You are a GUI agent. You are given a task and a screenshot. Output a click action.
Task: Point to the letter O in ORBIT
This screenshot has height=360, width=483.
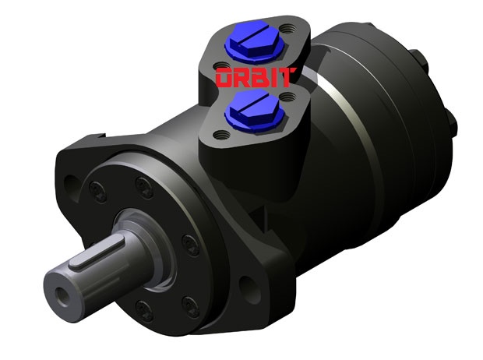pyautogui.click(x=224, y=79)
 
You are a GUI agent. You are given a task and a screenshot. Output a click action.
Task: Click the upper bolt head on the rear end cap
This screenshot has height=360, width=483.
pyautogui.click(x=419, y=58)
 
